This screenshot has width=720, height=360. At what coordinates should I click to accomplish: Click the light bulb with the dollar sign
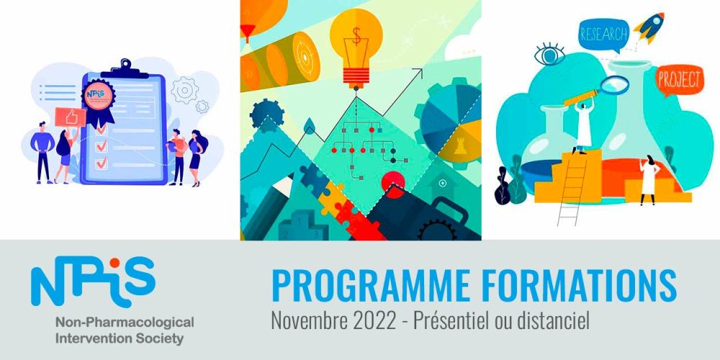pyautogui.click(x=355, y=43)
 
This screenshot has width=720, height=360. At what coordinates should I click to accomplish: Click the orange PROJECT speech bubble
pyautogui.click(x=678, y=80)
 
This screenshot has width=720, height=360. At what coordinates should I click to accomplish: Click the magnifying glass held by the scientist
pyautogui.click(x=615, y=85)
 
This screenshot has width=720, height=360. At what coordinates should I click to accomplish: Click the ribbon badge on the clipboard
pyautogui.click(x=99, y=97)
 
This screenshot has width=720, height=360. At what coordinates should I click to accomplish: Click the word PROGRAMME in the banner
pyautogui.click(x=356, y=285)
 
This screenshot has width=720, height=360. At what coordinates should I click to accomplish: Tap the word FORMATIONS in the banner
pyautogui.click(x=562, y=285)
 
